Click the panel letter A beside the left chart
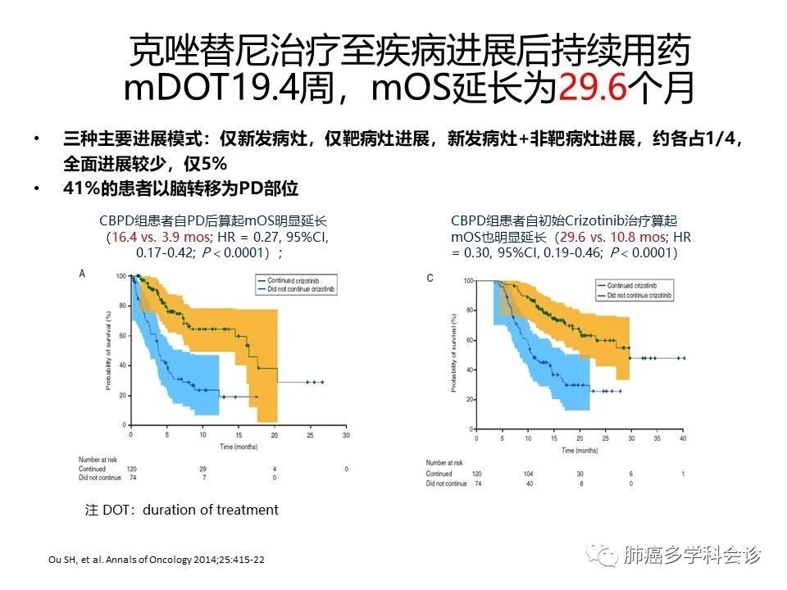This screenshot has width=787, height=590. [81, 273]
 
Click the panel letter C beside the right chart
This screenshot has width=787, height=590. [430, 278]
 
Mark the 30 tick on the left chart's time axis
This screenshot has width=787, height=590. [347, 434]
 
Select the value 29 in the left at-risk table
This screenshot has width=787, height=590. [202, 468]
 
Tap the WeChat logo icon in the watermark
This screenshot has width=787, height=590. [607, 556]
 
